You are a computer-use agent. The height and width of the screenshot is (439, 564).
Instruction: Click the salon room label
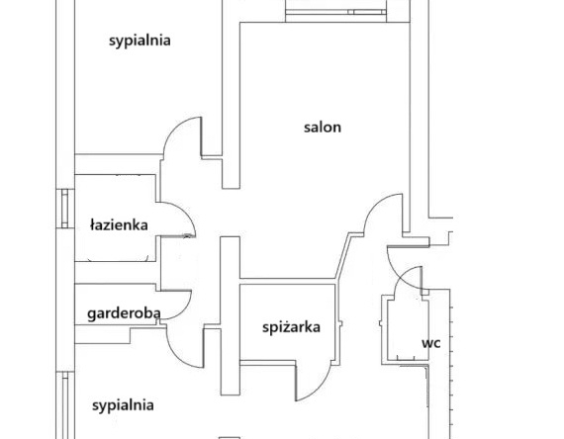(323, 128)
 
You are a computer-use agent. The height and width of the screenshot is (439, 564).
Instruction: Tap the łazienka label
(119, 225)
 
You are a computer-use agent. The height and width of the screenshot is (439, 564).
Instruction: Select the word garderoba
(124, 313)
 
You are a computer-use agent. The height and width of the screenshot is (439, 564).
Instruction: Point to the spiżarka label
(291, 327)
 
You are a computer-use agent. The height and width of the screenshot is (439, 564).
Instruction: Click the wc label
(430, 343)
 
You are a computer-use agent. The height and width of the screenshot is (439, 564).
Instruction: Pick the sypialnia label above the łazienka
(140, 41)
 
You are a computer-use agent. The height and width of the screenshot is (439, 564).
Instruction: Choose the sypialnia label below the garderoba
(123, 405)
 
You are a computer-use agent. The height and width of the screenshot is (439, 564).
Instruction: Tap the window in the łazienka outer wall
(64, 209)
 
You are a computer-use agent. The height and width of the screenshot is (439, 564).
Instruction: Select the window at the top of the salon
(335, 12)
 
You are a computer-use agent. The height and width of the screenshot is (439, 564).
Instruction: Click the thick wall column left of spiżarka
(231, 315)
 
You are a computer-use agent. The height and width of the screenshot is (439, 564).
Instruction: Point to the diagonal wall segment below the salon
(342, 256)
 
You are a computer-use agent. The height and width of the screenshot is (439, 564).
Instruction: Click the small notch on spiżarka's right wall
(340, 325)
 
